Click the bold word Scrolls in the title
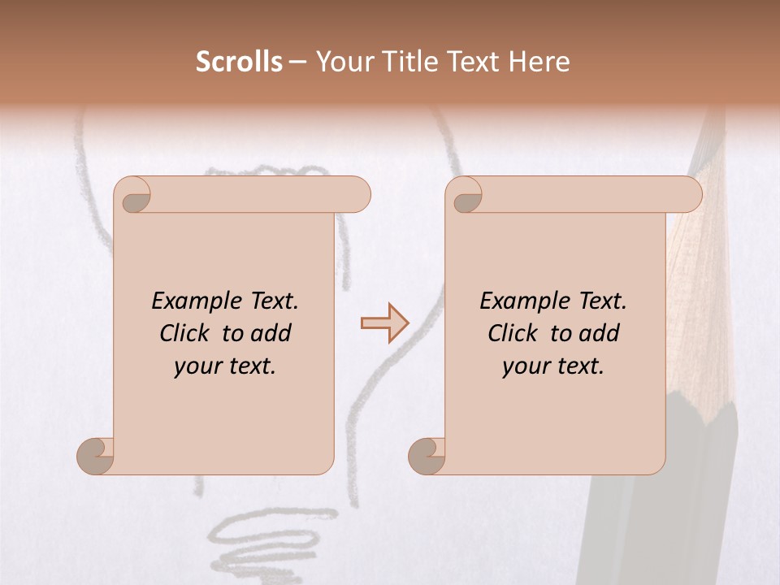239,62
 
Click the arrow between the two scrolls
384,322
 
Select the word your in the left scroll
195,367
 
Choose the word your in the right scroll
523,367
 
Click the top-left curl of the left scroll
132,196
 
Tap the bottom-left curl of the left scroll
96,456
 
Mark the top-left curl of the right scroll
465,196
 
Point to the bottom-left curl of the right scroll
427,456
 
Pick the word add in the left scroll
271,333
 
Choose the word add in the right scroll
600,333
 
